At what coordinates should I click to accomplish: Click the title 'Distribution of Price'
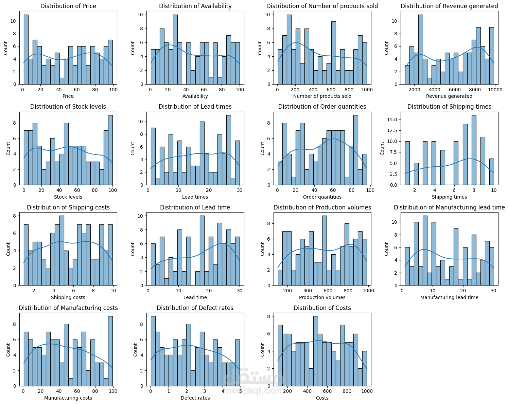tap(68, 6)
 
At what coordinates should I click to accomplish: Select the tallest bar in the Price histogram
tap(26, 49)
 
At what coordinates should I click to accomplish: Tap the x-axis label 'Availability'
tap(195, 96)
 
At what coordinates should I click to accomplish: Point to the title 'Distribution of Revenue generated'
tap(449, 6)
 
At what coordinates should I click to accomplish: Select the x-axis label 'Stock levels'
tap(68, 197)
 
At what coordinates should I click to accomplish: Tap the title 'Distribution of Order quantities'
tap(322, 107)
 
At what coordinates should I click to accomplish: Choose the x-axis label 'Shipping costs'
tap(68, 297)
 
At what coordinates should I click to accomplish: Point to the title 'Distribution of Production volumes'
tap(322, 207)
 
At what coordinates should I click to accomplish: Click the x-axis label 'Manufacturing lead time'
tap(449, 297)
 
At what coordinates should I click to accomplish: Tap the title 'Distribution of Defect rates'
tap(195, 308)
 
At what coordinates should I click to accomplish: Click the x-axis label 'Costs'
tap(322, 398)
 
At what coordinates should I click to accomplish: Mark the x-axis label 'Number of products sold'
tap(322, 96)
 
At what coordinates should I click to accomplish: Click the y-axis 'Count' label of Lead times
tap(133, 149)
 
